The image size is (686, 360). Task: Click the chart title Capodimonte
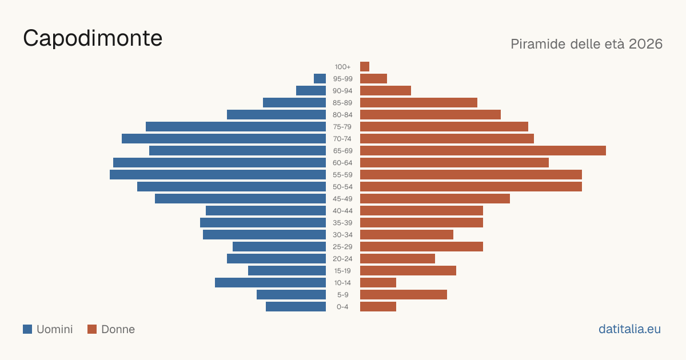93,38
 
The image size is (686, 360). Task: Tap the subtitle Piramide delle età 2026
587,44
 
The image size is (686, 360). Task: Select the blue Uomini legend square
27,329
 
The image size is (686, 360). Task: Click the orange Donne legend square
92,329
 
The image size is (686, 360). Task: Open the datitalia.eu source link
629,329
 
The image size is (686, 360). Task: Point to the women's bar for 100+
365,66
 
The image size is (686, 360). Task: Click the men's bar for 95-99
320,79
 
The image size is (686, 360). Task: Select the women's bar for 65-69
483,151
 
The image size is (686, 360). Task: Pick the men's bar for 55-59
218,174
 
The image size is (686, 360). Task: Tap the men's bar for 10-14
270,282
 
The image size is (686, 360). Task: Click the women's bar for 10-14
378,282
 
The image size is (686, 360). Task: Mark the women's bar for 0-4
378,306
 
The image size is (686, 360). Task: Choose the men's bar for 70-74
224,139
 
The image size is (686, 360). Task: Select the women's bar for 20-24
397,259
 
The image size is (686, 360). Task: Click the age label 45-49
342,199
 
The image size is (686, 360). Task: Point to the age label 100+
342,67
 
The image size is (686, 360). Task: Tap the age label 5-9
342,295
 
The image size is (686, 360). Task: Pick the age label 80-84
342,115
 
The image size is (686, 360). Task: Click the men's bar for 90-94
311,91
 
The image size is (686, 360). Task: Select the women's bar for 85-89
418,102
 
